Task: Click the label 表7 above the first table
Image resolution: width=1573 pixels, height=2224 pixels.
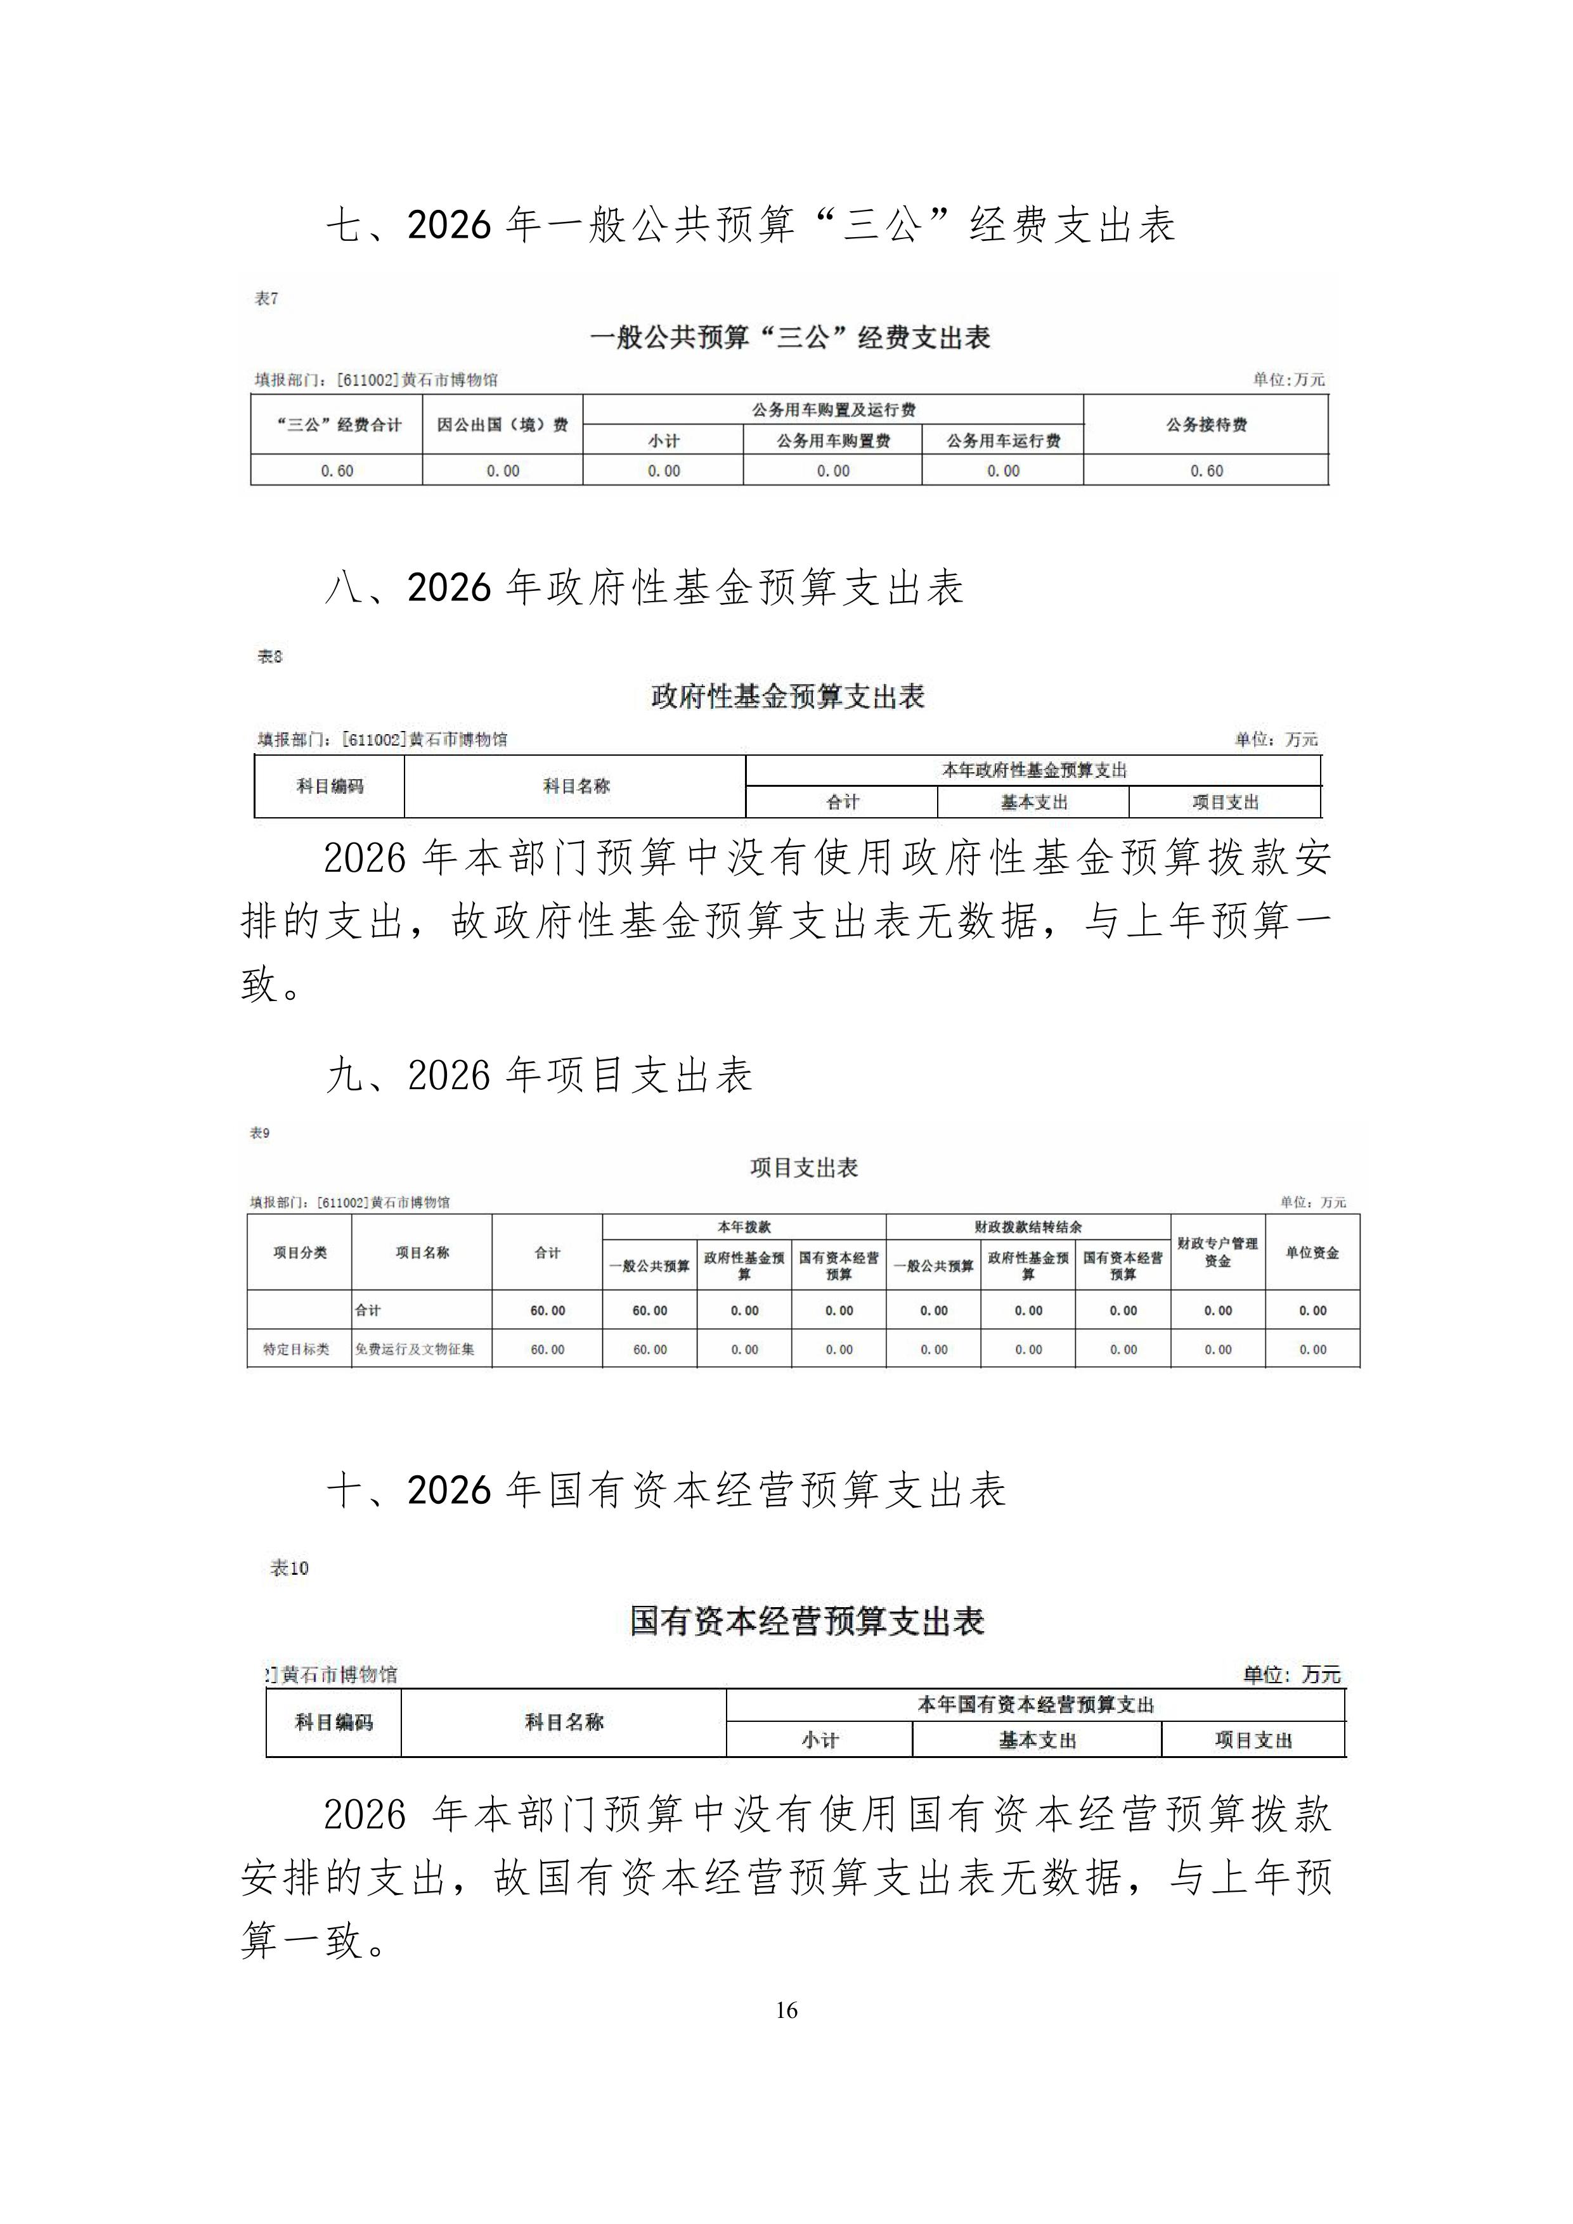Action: (x=266, y=299)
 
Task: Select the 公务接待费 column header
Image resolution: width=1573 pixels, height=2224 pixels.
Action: (x=1206, y=424)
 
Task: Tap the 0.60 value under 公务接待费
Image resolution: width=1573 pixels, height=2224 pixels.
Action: (x=1206, y=471)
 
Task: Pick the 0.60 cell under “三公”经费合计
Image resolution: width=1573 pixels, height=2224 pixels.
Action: (x=337, y=471)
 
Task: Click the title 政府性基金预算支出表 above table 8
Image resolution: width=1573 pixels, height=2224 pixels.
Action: (x=787, y=697)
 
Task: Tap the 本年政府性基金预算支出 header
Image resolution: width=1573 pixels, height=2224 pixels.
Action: (x=1033, y=770)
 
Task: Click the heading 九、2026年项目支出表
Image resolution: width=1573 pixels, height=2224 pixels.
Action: (x=540, y=1075)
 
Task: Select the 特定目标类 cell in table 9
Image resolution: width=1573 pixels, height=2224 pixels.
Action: (x=296, y=1349)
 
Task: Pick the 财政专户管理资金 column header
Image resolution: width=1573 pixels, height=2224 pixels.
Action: (x=1217, y=1251)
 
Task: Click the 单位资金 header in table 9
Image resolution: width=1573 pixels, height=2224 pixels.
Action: (x=1312, y=1253)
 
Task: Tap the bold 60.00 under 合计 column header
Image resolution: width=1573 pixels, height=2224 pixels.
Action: (x=547, y=1310)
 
